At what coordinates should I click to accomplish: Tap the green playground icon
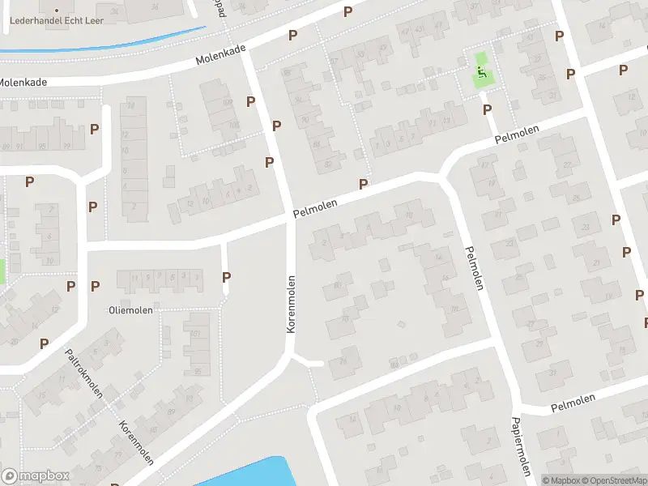[x=481, y=72]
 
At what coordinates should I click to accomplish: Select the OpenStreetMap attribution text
[x=614, y=480]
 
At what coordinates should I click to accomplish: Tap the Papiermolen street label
[x=520, y=447]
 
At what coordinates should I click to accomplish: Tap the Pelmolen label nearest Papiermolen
[x=573, y=401]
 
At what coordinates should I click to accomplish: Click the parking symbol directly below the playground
[x=487, y=109]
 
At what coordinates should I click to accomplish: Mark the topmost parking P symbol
[x=347, y=11]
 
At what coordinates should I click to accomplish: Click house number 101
[x=194, y=334]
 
